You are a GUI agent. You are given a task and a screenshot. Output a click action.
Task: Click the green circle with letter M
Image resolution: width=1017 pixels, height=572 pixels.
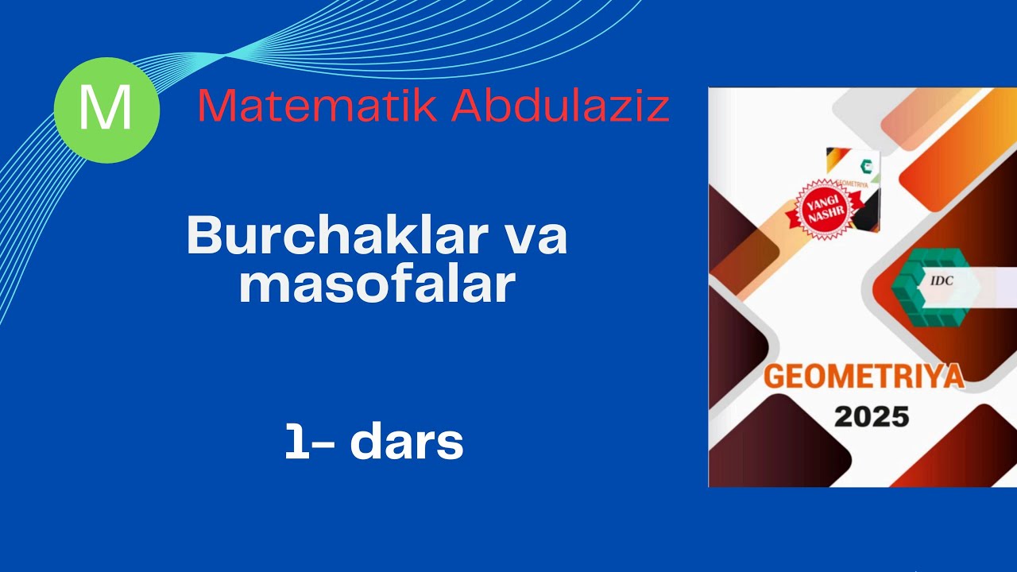click(x=106, y=110)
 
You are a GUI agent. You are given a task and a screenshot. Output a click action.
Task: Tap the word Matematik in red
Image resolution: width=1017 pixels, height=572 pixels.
click(x=317, y=106)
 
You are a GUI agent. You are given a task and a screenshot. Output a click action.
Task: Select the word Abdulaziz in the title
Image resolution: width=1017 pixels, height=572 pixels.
click(x=560, y=106)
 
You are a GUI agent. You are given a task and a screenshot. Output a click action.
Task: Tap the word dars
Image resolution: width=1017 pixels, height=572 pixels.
click(x=406, y=442)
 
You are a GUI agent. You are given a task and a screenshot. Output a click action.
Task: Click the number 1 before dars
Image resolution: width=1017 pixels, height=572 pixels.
click(x=296, y=442)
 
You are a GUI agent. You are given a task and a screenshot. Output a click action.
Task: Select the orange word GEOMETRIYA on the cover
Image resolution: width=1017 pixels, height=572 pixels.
click(x=863, y=377)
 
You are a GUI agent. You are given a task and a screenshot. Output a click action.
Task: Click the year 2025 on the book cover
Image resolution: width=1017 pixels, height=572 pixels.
click(x=872, y=416)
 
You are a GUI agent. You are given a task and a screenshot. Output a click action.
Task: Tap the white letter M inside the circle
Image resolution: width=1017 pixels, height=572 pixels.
click(x=106, y=110)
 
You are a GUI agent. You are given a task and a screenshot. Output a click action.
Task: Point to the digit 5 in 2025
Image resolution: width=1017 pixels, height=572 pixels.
click(x=899, y=416)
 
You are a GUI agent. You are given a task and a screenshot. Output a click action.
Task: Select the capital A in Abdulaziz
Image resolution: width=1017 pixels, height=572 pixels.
click(x=466, y=106)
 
